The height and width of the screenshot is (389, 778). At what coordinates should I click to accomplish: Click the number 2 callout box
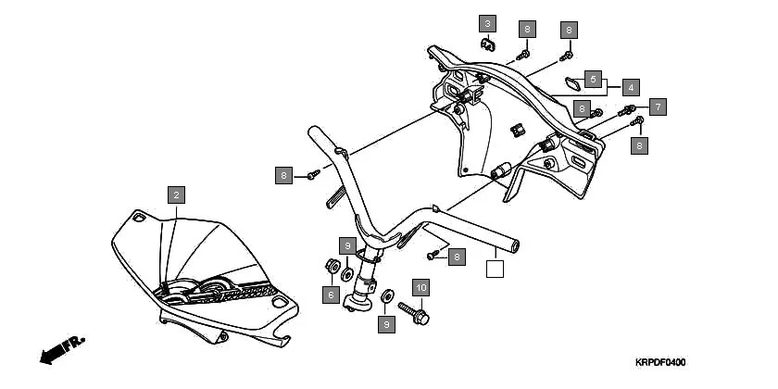(176, 194)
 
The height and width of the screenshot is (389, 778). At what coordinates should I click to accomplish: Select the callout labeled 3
(487, 23)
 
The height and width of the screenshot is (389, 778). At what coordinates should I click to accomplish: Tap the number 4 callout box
(631, 88)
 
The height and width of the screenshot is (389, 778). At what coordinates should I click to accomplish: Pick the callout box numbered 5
(593, 78)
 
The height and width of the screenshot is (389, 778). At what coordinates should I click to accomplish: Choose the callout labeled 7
(657, 107)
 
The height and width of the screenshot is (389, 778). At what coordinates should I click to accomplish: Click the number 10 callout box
(420, 288)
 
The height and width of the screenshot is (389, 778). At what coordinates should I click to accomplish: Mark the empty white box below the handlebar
(495, 270)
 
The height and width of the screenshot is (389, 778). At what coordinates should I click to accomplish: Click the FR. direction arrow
(62, 350)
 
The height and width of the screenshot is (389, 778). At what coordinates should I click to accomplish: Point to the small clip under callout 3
(487, 43)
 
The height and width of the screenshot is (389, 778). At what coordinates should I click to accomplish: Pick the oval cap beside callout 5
(572, 83)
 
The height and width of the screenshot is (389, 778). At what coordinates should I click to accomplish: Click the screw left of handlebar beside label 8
(313, 172)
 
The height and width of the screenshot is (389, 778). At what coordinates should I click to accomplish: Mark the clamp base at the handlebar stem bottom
(356, 303)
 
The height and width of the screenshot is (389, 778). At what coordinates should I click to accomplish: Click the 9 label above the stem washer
(346, 246)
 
